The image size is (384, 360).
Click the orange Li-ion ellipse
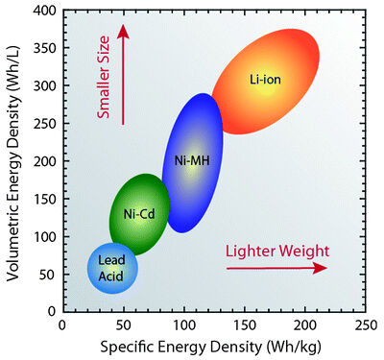pos(266,81)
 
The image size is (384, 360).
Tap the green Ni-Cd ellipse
pos(140,213)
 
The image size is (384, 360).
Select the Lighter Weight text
pos(277,251)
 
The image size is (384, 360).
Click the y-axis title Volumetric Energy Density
pos(14,165)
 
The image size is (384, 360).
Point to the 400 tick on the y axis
pos(44,11)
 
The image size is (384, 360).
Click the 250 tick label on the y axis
pos(44,124)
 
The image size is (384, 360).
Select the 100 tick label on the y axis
pos(44,237)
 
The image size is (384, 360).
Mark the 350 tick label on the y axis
pos(44,48)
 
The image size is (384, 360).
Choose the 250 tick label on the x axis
pos(365,325)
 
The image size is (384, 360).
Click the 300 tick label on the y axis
pos(44,86)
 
